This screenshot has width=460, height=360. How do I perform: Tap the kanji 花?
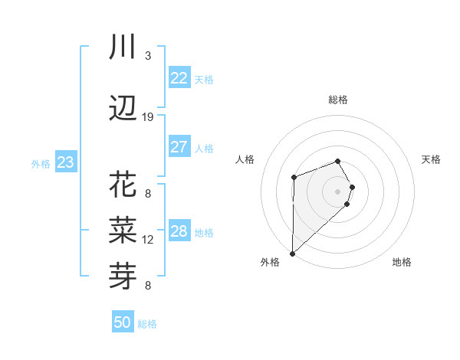(123, 185)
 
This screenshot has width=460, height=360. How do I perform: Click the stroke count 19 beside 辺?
(148, 117)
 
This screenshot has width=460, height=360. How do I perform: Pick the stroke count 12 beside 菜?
(148, 240)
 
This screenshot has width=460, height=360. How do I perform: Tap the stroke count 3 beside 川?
(148, 56)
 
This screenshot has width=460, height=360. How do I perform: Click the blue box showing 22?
(179, 78)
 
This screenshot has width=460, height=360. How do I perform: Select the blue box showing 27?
(179, 147)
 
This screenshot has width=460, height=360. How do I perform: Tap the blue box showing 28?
(179, 231)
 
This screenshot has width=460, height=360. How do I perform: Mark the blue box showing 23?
(65, 162)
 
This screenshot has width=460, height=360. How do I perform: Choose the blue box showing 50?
(122, 322)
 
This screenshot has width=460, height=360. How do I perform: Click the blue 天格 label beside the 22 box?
(204, 80)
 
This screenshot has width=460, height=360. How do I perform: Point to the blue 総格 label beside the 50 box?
(147, 324)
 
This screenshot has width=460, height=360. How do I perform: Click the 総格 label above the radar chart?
(338, 100)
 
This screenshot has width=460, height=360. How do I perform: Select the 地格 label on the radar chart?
(402, 263)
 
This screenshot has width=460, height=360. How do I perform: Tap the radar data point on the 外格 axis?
(292, 253)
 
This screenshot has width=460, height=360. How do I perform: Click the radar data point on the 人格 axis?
(294, 178)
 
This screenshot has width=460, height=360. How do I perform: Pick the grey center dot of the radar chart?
(338, 191)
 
